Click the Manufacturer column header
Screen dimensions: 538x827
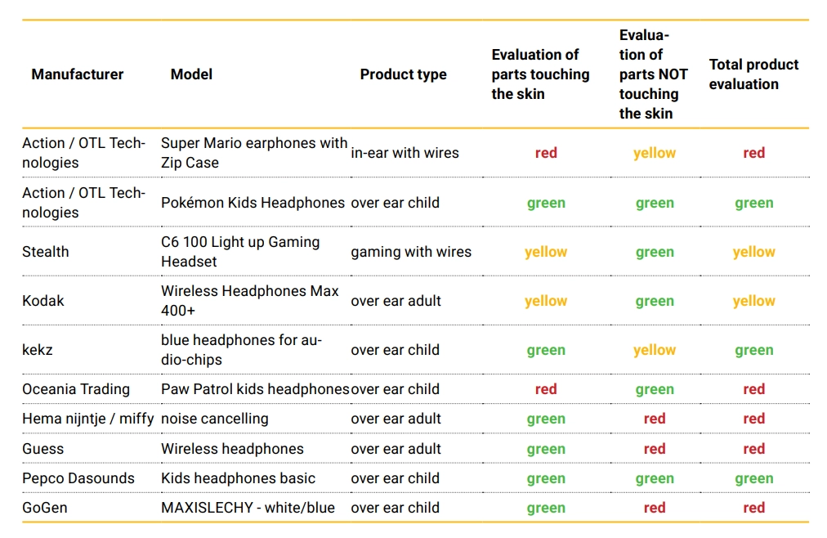[78, 74]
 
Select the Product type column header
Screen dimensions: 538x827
[403, 74]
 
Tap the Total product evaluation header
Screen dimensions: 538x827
[753, 74]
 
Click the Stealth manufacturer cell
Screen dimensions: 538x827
[46, 252]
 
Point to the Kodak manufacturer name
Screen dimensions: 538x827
[43, 301]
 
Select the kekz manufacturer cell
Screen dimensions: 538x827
[38, 350]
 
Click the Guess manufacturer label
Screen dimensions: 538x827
[43, 449]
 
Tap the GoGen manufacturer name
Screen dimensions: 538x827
[45, 508]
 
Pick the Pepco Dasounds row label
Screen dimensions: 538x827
[78, 478]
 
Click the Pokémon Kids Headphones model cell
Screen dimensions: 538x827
[253, 203]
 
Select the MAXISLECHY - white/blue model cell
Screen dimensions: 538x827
[248, 508]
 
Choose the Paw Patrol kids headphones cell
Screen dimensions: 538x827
[255, 389]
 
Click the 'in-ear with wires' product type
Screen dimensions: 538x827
[405, 153]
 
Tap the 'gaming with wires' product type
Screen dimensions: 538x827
[411, 252]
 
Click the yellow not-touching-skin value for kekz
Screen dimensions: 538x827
[655, 350]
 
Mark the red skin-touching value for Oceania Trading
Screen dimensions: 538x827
[546, 389]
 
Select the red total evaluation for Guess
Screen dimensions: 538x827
[753, 449]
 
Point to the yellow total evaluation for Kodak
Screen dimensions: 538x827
[753, 301]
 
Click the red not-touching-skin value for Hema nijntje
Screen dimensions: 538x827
[655, 419]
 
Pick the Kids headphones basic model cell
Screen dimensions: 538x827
[238, 478]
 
